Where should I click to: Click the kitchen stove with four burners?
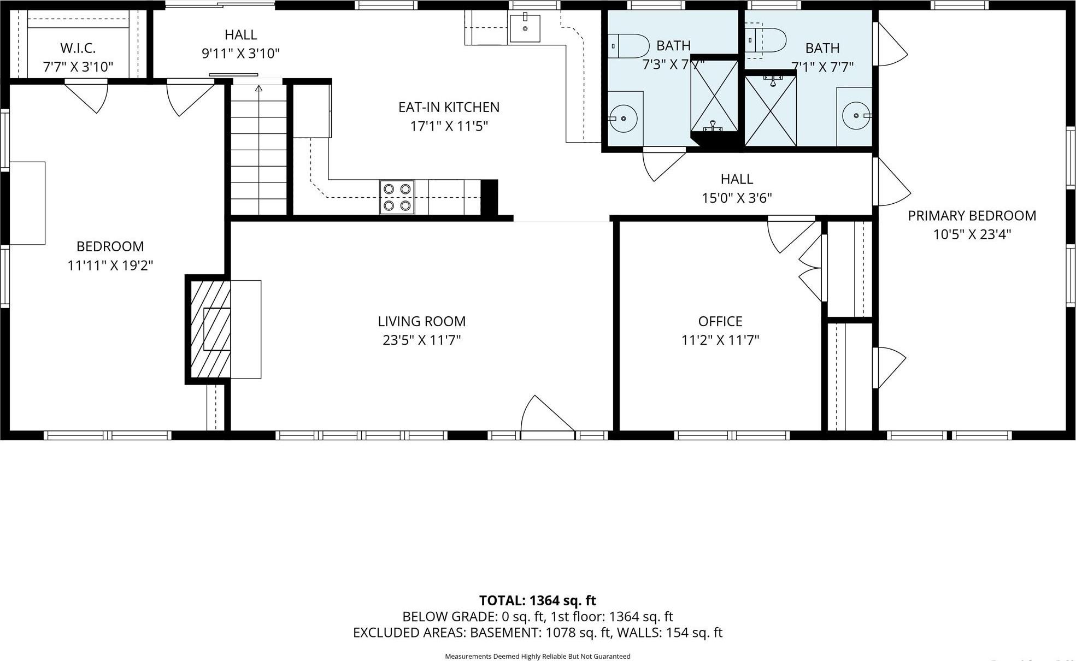pyautogui.click(x=397, y=197)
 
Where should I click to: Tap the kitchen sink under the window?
pyautogui.click(x=525, y=28)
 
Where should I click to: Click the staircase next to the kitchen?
pyautogui.click(x=258, y=150)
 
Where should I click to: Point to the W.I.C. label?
pyautogui.click(x=78, y=48)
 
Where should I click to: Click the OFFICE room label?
pyautogui.click(x=720, y=321)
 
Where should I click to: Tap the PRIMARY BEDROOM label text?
pyautogui.click(x=972, y=216)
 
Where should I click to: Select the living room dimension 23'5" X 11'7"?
pyautogui.click(x=421, y=340)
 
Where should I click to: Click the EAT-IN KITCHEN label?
pyautogui.click(x=449, y=107)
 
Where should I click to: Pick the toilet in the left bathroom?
pyautogui.click(x=628, y=46)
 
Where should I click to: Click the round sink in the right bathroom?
pyautogui.click(x=855, y=115)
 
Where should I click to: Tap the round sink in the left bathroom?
pyautogui.click(x=623, y=118)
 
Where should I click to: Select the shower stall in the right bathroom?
pyautogui.click(x=770, y=111)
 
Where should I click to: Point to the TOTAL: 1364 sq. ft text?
pyautogui.click(x=537, y=600)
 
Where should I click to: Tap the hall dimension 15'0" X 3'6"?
pyautogui.click(x=736, y=198)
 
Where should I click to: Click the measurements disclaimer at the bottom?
pyautogui.click(x=537, y=656)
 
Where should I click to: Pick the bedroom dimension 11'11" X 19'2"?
pyautogui.click(x=110, y=265)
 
